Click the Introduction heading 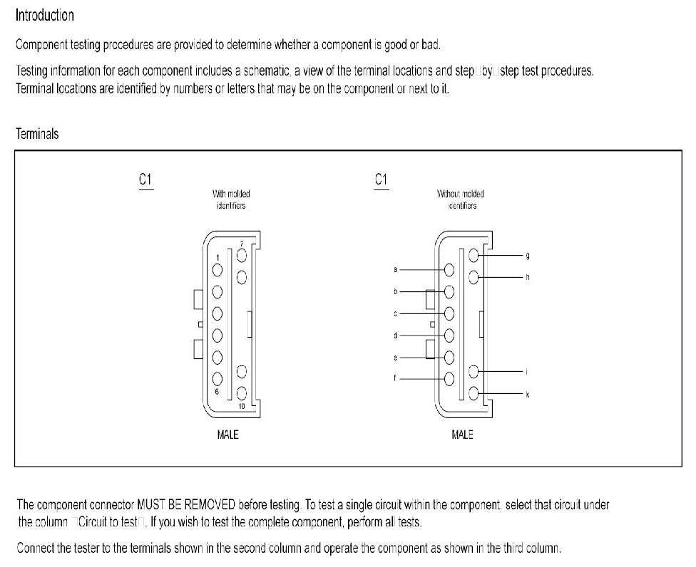click(44, 14)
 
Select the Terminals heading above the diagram click(37, 133)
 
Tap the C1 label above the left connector click(145, 180)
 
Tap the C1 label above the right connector click(381, 180)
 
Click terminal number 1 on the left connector click(217, 258)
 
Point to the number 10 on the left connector click(242, 405)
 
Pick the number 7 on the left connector click(242, 244)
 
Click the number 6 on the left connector click(215, 392)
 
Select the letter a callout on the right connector click(395, 270)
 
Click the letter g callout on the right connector click(527, 255)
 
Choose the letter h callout click(527, 277)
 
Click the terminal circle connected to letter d click(449, 335)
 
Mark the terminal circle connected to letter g click(474, 254)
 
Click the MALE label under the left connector click(227, 435)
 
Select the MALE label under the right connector click(463, 435)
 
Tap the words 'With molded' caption click(231, 194)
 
